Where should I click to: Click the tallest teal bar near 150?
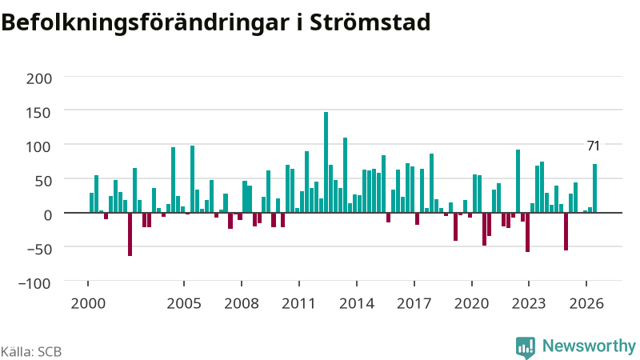pyautogui.click(x=326, y=162)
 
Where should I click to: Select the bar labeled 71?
pyautogui.click(x=594, y=188)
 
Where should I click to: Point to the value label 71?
pyautogui.click(x=593, y=146)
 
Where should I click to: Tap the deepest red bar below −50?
pyautogui.click(x=130, y=234)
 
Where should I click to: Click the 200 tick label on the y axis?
pyautogui.click(x=39, y=78)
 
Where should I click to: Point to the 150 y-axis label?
pyautogui.click(x=39, y=113)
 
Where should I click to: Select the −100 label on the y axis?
pyautogui.click(x=35, y=283)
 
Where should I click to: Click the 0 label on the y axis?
pyautogui.click(x=48, y=215)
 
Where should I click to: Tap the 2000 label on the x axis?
pyautogui.click(x=88, y=304)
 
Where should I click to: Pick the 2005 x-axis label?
pyautogui.click(x=184, y=304)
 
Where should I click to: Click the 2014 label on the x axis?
pyautogui.click(x=357, y=304)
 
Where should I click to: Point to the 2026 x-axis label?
pyautogui.click(x=586, y=304)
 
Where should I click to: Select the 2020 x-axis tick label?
pyautogui.click(x=471, y=304)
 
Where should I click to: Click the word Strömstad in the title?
pyautogui.click(x=370, y=22)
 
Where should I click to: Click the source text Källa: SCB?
pyautogui.click(x=31, y=351)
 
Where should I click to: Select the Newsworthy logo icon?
pyautogui.click(x=526, y=347)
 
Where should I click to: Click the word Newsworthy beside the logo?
pyautogui.click(x=589, y=346)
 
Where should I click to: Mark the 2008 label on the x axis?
pyautogui.click(x=242, y=304)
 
